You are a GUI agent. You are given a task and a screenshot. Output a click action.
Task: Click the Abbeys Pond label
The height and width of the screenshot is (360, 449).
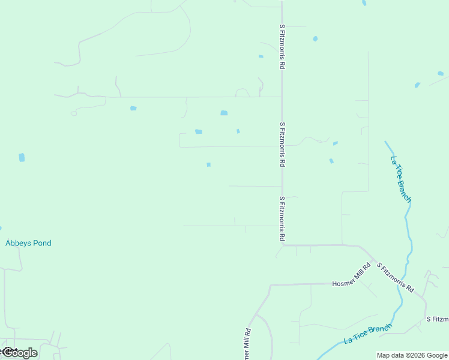(28, 243)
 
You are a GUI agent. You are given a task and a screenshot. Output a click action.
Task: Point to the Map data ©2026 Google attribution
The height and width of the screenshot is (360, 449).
(412, 355)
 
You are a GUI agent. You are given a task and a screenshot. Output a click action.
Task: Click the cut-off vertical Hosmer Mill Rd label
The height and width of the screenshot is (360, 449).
(246, 344)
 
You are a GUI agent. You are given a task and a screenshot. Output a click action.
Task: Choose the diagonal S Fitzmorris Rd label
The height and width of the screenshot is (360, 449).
(395, 277)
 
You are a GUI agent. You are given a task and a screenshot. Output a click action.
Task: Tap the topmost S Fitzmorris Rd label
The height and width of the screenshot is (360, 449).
(282, 46)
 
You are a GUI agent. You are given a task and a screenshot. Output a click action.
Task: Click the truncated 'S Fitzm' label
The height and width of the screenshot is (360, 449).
(437, 319)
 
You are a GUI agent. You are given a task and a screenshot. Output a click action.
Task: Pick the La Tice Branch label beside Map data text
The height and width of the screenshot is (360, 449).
(368, 334)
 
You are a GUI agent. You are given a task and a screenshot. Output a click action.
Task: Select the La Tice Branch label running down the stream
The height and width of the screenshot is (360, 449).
(401, 179)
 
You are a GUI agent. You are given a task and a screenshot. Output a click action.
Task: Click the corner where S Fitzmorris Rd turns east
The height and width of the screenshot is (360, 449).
(283, 245)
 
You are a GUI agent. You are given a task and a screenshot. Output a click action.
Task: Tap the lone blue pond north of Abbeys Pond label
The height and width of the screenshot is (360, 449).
(22, 157)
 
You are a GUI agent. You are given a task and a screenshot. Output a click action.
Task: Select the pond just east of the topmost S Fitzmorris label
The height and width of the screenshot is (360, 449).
(315, 39)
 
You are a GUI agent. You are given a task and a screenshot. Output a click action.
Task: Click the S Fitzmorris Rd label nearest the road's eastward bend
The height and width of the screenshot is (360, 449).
(282, 218)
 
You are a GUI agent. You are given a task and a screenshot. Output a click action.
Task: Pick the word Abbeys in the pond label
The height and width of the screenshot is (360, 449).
(18, 243)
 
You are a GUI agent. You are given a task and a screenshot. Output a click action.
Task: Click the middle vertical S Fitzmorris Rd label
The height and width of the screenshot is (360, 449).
(282, 144)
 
